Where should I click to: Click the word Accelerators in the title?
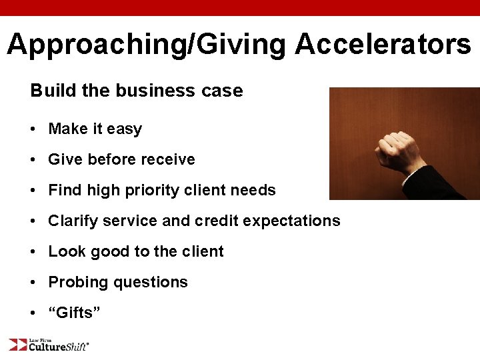tap(383, 45)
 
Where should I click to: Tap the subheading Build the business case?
tap(137, 91)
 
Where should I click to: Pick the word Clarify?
tap(72, 221)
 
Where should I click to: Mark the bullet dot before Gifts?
tap(33, 313)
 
